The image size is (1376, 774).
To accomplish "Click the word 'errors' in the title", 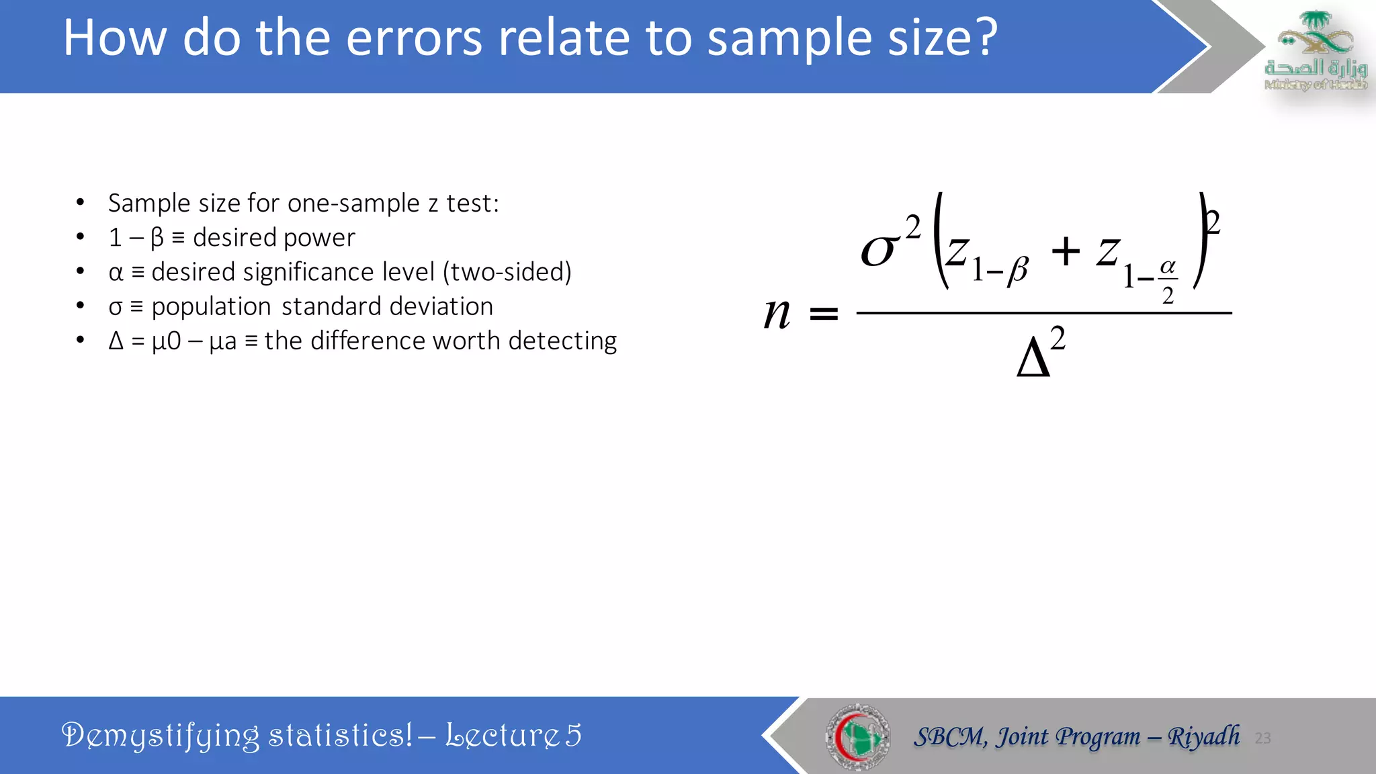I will pyautogui.click(x=414, y=38).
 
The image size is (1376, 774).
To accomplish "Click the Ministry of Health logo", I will pyautogui.click(x=1315, y=51).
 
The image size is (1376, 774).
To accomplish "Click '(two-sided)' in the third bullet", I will pyautogui.click(x=507, y=272).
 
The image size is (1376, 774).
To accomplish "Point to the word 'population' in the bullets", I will pyautogui.click(x=211, y=307).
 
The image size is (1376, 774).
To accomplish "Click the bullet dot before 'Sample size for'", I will pyautogui.click(x=80, y=202).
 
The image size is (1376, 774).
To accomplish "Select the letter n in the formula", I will pyautogui.click(x=777, y=313).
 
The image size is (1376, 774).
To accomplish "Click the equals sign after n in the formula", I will pyautogui.click(x=824, y=314).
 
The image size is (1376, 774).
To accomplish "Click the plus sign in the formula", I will pyautogui.click(x=1066, y=253).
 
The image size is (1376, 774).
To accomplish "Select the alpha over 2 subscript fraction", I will pyautogui.click(x=1168, y=281).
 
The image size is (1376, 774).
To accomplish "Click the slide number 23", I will pyautogui.click(x=1262, y=738).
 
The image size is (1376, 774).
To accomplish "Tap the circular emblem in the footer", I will pyautogui.click(x=858, y=737).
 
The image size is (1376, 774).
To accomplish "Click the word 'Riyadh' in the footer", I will pyautogui.click(x=1203, y=736).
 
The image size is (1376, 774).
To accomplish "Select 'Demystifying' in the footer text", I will pyautogui.click(x=160, y=736).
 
